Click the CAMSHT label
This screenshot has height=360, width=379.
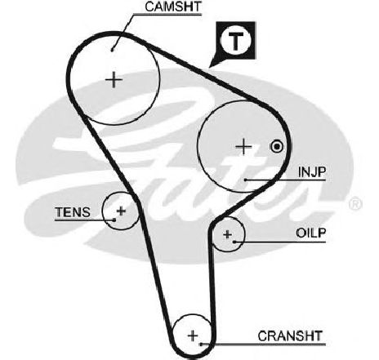point(173,7)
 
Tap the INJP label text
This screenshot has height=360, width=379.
point(312,172)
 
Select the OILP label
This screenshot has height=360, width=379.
point(311,233)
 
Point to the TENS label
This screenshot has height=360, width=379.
point(73,212)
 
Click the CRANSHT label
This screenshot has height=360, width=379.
point(290,336)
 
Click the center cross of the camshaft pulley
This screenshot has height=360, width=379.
point(114,80)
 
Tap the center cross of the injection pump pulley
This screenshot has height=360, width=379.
point(243,147)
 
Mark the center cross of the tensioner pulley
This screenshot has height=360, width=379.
point(121,211)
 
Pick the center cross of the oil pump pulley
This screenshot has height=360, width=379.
point(227,234)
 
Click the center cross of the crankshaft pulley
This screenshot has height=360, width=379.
point(193,336)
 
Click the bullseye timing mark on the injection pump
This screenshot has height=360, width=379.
point(277,147)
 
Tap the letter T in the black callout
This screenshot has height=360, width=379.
point(235,42)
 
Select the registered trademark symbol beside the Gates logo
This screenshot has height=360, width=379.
point(355,204)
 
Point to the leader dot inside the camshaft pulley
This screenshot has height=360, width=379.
point(112,50)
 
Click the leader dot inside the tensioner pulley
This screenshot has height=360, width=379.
point(114,220)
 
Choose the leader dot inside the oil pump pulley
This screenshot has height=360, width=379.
point(234,242)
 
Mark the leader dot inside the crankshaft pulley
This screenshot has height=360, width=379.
point(201,344)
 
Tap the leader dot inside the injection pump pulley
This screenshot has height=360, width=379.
point(246,180)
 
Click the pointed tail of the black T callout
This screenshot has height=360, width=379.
point(210,67)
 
